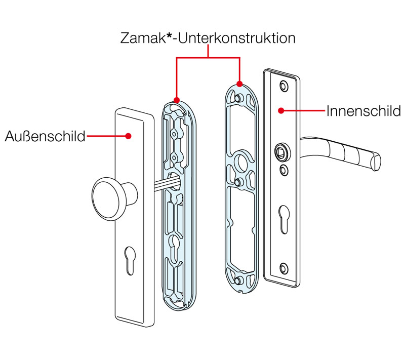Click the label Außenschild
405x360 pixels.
point(45,136)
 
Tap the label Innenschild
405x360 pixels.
point(363,110)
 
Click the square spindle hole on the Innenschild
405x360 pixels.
point(282,151)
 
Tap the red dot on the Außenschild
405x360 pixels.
point(129,136)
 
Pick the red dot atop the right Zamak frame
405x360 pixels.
point(239,84)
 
